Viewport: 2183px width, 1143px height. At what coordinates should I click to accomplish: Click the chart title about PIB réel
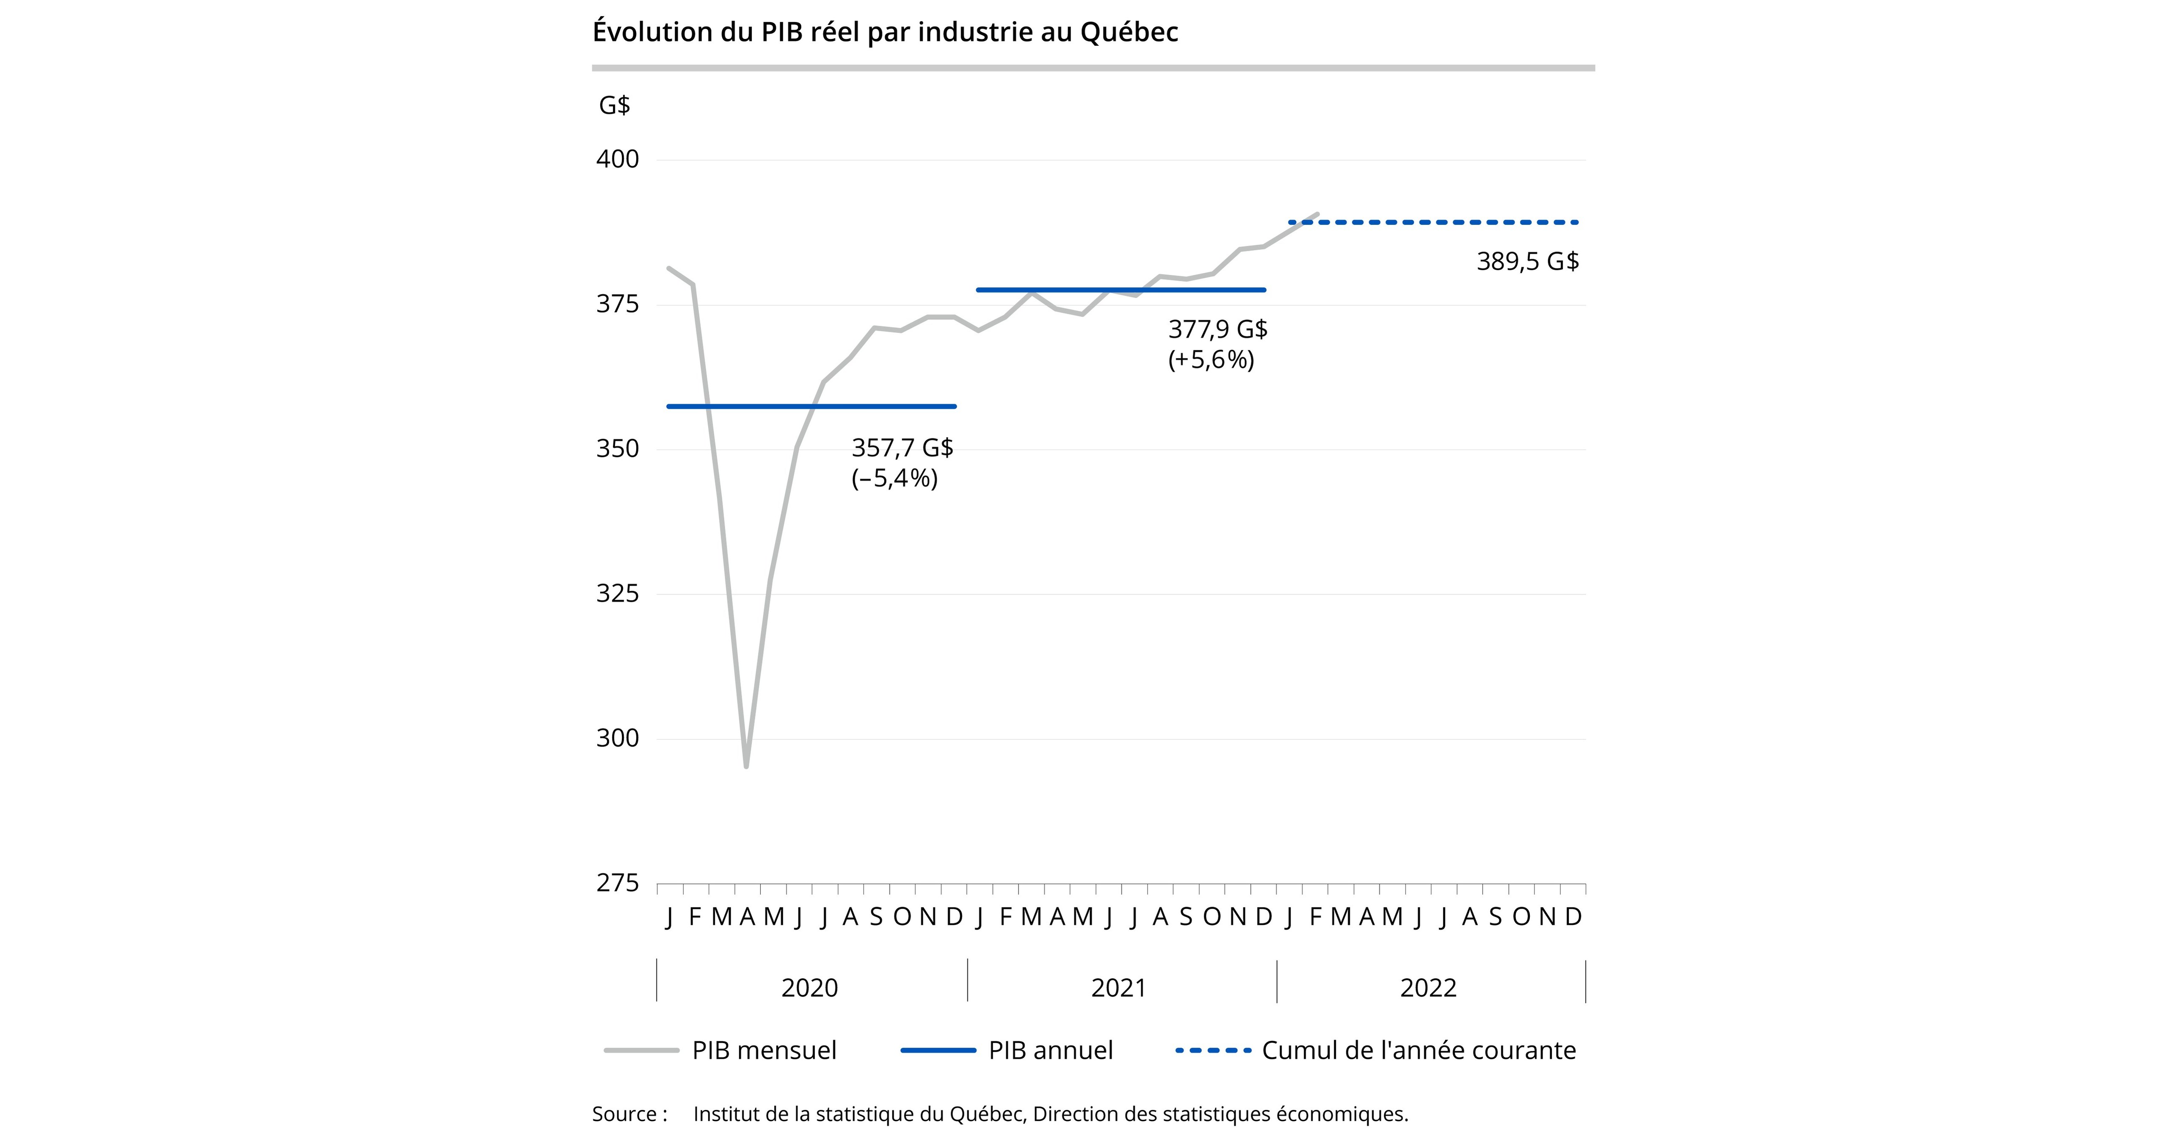(x=885, y=32)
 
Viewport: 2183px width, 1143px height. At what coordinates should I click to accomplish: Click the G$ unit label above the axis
(x=614, y=105)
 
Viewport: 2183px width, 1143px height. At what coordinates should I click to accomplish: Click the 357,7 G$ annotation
(x=902, y=448)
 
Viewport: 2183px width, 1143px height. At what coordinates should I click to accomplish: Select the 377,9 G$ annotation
(x=1217, y=329)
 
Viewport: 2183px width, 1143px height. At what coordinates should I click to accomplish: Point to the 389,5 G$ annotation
(x=1527, y=261)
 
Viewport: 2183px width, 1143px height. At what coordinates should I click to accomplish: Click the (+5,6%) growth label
(x=1210, y=360)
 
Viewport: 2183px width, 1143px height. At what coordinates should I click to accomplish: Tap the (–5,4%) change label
(x=894, y=479)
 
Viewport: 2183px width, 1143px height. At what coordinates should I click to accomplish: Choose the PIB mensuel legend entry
(x=763, y=1051)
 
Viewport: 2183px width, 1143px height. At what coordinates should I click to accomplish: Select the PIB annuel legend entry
(x=1050, y=1051)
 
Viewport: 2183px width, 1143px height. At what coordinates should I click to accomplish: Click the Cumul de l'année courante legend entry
(x=1418, y=1051)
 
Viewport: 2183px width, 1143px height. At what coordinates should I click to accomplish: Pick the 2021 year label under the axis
(x=1119, y=988)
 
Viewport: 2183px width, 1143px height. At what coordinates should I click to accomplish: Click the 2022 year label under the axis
(x=1428, y=988)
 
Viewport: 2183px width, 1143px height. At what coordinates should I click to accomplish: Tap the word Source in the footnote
(x=624, y=1114)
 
